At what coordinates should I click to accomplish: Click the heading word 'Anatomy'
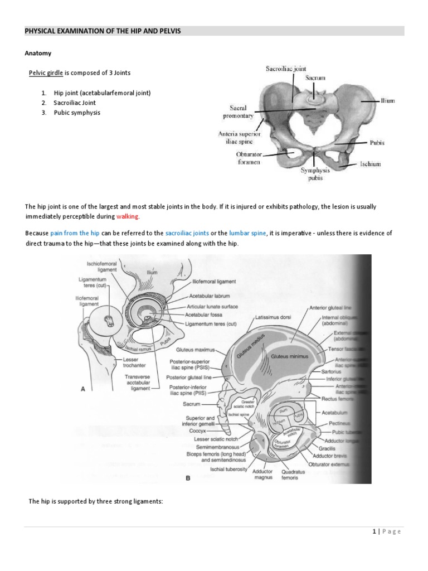click(x=37, y=53)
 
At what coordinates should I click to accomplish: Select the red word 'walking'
click(x=128, y=216)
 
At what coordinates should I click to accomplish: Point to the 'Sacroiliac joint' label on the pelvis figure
click(x=285, y=69)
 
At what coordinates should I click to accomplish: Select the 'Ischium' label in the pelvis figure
click(x=369, y=165)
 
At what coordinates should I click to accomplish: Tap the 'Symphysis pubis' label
click(x=315, y=174)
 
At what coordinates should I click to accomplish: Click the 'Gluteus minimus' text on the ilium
click(x=289, y=355)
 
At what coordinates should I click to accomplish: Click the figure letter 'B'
click(x=188, y=478)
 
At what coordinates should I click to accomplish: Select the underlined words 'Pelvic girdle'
click(x=46, y=73)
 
